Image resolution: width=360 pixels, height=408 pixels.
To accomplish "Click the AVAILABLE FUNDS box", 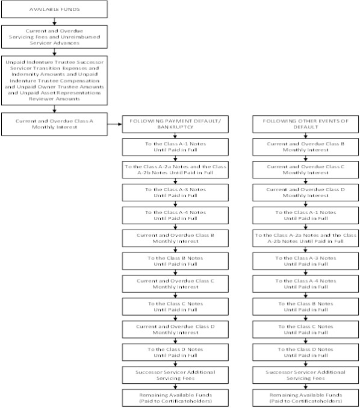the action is click(x=54, y=10).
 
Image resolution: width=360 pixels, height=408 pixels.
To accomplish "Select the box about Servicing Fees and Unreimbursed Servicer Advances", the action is click(x=54, y=37).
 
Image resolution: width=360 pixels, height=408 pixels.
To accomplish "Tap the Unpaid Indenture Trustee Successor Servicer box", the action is click(x=54, y=80).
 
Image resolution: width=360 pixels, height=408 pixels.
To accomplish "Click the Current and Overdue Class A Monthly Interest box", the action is click(x=54, y=124).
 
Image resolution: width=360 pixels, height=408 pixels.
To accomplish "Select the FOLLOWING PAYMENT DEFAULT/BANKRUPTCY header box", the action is click(x=175, y=124).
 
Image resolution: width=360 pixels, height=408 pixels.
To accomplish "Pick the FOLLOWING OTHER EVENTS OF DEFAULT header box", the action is click(x=305, y=124).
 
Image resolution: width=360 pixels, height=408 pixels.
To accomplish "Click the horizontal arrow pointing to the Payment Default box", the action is click(x=115, y=124).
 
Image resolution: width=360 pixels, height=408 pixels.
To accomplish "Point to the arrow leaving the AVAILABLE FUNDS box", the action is click(x=54, y=22).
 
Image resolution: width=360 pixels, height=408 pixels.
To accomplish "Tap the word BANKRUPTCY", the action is click(x=175, y=127).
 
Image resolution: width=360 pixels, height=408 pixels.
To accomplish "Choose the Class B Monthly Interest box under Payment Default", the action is click(x=175, y=238).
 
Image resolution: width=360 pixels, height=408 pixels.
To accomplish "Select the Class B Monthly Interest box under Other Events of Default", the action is click(x=305, y=147).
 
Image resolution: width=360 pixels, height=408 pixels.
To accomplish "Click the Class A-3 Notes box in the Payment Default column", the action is click(x=175, y=193).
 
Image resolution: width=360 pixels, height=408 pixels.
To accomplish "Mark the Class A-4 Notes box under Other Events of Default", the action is click(x=305, y=284).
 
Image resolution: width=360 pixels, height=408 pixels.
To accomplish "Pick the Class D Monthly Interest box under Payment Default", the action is click(x=175, y=330).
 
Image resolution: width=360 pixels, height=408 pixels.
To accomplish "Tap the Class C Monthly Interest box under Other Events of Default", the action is click(x=305, y=170).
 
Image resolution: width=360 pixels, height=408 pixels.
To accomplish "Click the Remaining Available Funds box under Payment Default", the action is click(x=175, y=398).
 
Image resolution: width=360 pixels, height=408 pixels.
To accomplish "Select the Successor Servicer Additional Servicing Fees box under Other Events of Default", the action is click(x=305, y=375).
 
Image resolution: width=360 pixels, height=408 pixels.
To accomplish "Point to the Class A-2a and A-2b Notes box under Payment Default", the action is click(x=175, y=170).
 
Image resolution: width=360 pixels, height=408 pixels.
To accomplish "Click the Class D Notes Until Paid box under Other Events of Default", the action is click(x=305, y=353).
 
